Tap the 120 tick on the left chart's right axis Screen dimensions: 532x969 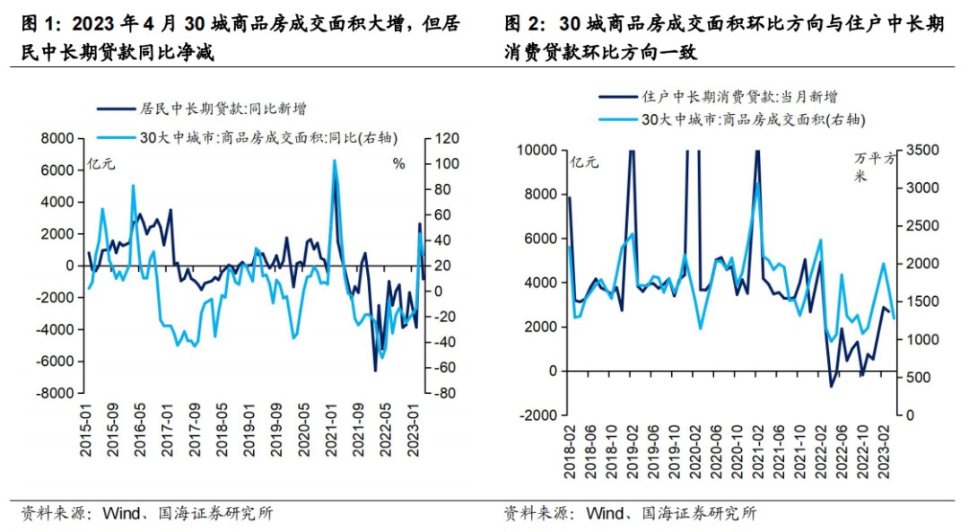click(x=448, y=138)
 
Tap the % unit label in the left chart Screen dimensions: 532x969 click(x=399, y=163)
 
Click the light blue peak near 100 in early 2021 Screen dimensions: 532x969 click(x=334, y=161)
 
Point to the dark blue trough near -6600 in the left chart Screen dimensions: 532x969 click(x=375, y=370)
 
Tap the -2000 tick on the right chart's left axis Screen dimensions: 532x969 click(x=538, y=414)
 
